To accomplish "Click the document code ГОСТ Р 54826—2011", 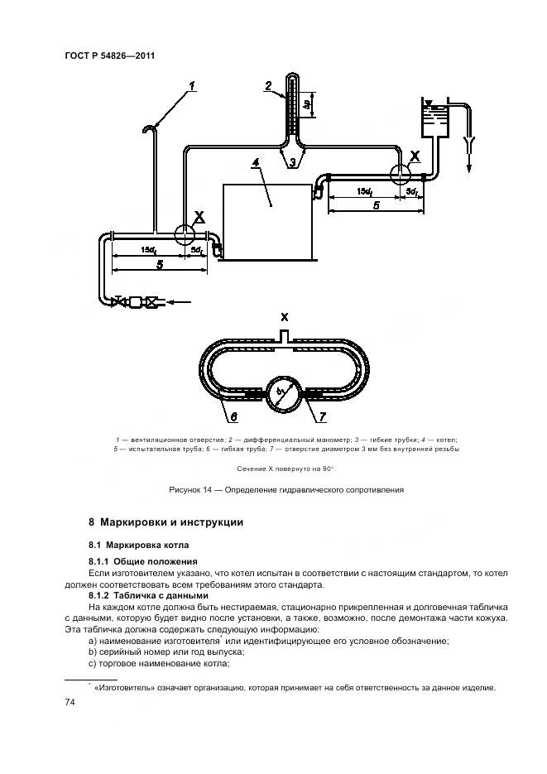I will click(110, 55).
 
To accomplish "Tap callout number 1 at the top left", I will click(191, 85).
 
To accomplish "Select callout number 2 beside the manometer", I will click(268, 85).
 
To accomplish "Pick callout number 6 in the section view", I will click(233, 416).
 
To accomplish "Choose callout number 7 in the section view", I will click(324, 416).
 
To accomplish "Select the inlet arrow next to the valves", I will click(182, 301).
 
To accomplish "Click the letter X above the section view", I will click(284, 318).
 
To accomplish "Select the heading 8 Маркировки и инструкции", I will click(165, 523).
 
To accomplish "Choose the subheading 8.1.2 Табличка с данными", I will click(148, 596).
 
